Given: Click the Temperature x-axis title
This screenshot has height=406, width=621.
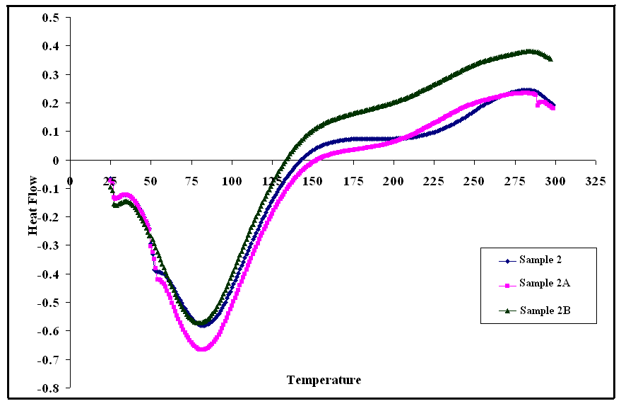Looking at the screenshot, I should point(324,380).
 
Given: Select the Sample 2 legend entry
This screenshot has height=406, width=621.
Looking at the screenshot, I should point(539,260).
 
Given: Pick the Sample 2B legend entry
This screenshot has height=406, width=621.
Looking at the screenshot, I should point(541,310).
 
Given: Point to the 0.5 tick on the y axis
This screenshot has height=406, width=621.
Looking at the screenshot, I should point(51,17).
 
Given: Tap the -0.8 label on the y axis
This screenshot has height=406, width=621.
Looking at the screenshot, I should point(49,388).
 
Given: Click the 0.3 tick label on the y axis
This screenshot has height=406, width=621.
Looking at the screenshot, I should point(51,74).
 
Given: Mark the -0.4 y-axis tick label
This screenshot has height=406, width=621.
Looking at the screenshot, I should point(49,274).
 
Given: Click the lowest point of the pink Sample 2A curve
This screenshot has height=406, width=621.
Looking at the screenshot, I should point(201,349).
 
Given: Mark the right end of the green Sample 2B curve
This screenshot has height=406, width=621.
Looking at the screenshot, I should point(550,59).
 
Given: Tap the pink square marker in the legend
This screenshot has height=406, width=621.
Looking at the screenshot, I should point(505,285).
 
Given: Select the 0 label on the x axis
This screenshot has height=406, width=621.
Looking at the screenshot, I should point(69,180).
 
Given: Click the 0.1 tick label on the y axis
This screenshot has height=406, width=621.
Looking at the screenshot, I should point(51,132).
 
